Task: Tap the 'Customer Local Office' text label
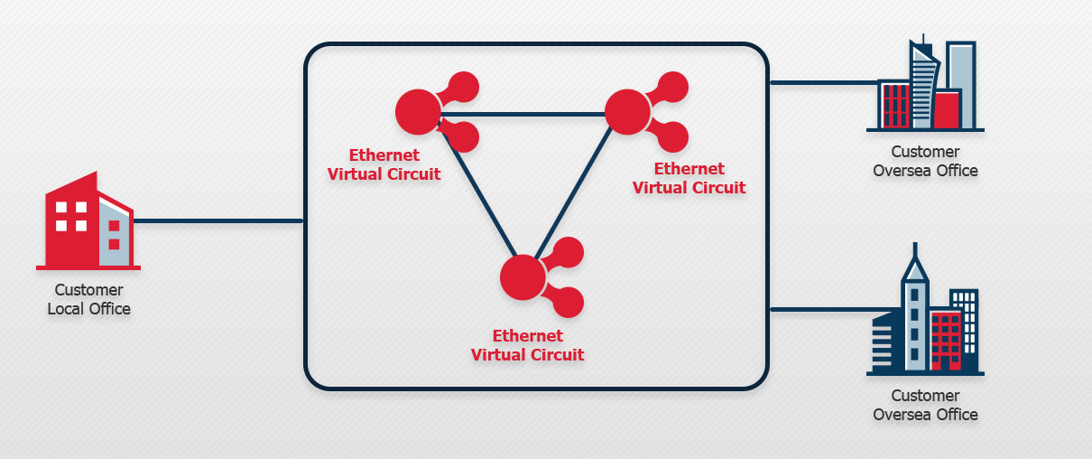click(88, 300)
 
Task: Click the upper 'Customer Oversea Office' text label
click(925, 161)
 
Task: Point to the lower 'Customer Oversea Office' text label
click(925, 405)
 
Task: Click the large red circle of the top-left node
click(418, 112)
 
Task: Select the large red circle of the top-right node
click(627, 112)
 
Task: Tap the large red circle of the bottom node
click(523, 276)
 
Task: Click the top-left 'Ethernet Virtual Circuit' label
click(384, 164)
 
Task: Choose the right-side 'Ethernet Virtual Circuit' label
click(689, 178)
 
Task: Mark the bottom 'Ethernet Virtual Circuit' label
click(527, 345)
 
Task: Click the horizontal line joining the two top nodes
click(523, 115)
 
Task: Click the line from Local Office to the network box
click(217, 220)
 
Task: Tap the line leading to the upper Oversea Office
click(821, 82)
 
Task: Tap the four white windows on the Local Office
click(70, 216)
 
